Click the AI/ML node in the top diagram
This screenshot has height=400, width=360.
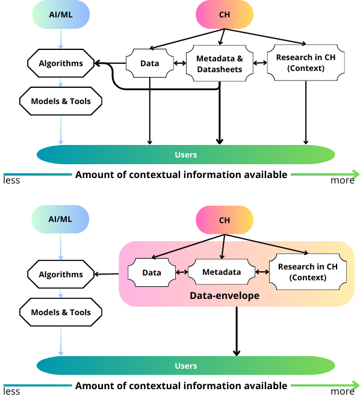(x=60, y=16)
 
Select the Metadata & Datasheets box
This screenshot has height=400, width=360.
(x=219, y=63)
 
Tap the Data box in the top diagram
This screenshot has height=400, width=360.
(x=149, y=63)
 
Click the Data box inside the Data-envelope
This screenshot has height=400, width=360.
(x=152, y=272)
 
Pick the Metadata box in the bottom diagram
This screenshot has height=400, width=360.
(x=221, y=272)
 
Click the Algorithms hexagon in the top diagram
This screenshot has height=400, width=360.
(x=60, y=63)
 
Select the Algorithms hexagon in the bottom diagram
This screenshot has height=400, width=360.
(x=60, y=274)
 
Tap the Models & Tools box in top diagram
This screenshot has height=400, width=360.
(x=60, y=101)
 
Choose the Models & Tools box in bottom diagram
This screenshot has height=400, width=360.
(x=60, y=312)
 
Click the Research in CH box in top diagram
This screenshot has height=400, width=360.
(x=306, y=63)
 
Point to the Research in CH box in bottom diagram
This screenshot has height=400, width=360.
(x=308, y=272)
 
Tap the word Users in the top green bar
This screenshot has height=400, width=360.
(x=185, y=155)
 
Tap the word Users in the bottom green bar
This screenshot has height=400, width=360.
(x=185, y=366)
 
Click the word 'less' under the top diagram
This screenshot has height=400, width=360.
(x=12, y=180)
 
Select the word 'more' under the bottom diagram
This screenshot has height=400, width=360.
(x=342, y=392)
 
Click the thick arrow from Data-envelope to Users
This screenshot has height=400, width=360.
(x=237, y=331)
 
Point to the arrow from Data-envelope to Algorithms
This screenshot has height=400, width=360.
(x=107, y=274)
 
